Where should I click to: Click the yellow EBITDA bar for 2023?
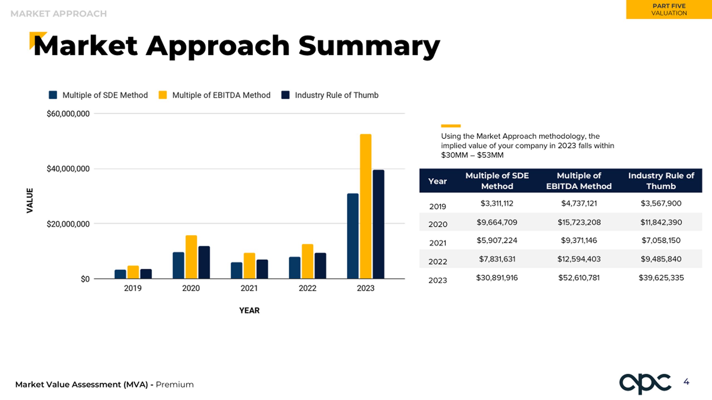[365, 206]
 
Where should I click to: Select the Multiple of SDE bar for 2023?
[353, 236]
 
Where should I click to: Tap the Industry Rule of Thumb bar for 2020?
[204, 262]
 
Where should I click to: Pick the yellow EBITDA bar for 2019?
[133, 272]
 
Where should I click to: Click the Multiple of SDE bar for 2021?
[236, 271]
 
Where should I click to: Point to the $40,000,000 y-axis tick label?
[68, 169]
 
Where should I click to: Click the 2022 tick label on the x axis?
[307, 288]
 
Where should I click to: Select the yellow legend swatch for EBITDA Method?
[163, 95]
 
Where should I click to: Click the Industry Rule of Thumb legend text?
[337, 95]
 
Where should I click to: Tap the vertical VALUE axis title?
[30, 201]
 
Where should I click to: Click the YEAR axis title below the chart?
[249, 310]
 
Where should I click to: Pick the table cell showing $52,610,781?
[579, 277]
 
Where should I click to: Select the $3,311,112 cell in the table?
[497, 203]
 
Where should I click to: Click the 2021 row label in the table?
[437, 243]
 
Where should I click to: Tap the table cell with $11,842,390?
[661, 222]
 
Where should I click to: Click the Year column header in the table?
[437, 181]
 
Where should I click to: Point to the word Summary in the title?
[369, 46]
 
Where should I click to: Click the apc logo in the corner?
[645, 384]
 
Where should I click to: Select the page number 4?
[686, 382]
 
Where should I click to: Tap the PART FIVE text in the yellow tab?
[669, 6]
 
